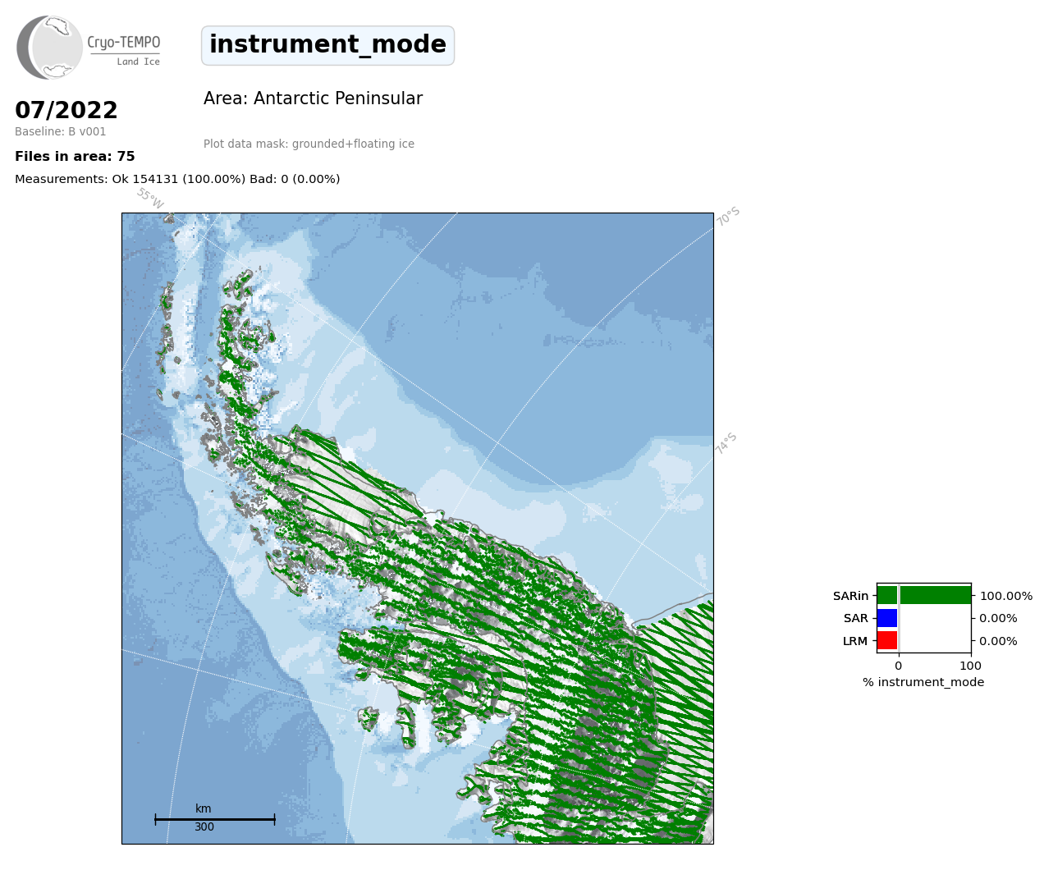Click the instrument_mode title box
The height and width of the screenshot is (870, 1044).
[327, 45]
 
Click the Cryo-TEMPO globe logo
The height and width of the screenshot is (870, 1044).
[49, 47]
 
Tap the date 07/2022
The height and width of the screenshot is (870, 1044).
[66, 110]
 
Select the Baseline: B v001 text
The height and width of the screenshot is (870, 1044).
[61, 131]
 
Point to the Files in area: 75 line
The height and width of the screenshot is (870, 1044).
[75, 157]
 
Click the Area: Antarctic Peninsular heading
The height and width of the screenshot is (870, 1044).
[313, 98]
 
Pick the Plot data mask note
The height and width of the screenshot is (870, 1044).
[309, 144]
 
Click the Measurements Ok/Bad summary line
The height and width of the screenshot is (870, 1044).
[177, 179]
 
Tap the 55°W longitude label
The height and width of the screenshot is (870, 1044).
[150, 198]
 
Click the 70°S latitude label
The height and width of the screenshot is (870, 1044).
[728, 216]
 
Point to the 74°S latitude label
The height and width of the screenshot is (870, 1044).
[726, 443]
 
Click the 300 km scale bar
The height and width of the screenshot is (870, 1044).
[215, 819]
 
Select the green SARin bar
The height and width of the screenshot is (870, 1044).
[924, 595]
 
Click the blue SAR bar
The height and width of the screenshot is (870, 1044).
[887, 618]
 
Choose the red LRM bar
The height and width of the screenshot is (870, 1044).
[887, 640]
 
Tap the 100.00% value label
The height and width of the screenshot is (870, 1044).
[1006, 596]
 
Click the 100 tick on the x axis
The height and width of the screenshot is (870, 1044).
[970, 666]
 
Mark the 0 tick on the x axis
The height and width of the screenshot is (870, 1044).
[899, 666]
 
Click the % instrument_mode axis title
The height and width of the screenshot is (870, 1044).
[923, 682]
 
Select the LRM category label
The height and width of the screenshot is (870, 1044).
[855, 641]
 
